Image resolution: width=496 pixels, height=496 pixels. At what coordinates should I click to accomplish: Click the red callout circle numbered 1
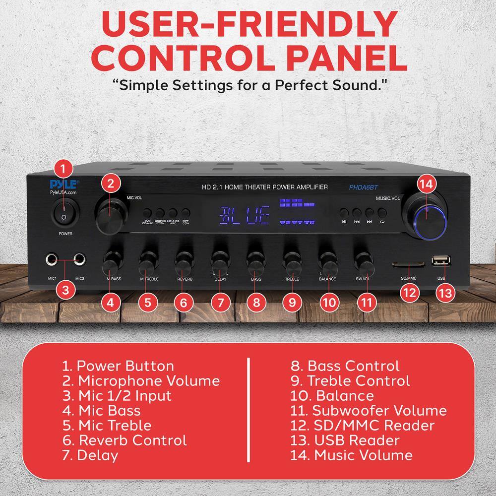62,169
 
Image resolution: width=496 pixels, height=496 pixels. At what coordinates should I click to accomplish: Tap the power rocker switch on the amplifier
62,213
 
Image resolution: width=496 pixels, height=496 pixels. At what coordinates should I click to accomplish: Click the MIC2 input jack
78,259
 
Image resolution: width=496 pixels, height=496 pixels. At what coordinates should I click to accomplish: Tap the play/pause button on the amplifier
344,212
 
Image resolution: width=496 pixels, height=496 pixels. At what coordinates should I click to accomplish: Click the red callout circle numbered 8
256,302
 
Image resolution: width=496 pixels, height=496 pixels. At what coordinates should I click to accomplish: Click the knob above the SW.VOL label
364,263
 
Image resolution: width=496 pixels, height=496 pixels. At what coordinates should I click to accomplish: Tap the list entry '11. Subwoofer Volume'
369,410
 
